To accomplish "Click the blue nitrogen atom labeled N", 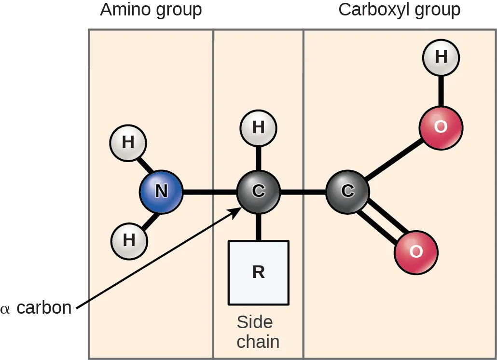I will coord(161,192).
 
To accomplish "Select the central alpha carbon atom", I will coord(258,192).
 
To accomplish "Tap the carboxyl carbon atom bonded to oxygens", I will coord(347,192).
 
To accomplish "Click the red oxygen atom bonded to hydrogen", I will coord(440,127).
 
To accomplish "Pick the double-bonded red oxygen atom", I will coord(416,252).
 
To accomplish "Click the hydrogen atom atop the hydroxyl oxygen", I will coord(441,57).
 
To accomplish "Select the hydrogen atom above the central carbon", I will coord(258,128).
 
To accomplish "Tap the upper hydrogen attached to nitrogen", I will coord(128,143).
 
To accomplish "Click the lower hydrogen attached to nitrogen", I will coord(129,240).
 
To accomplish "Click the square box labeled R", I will coord(258,273).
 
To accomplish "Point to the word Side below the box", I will coord(254,322).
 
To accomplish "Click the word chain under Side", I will coord(258,342).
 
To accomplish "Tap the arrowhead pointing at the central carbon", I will coord(237,212).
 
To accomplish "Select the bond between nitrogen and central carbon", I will coord(209,192).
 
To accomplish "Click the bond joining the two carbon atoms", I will coord(303,192).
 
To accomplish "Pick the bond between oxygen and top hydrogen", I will coord(441,91).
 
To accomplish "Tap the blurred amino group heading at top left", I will coord(151,10).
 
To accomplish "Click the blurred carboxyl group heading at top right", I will coord(399,10).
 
